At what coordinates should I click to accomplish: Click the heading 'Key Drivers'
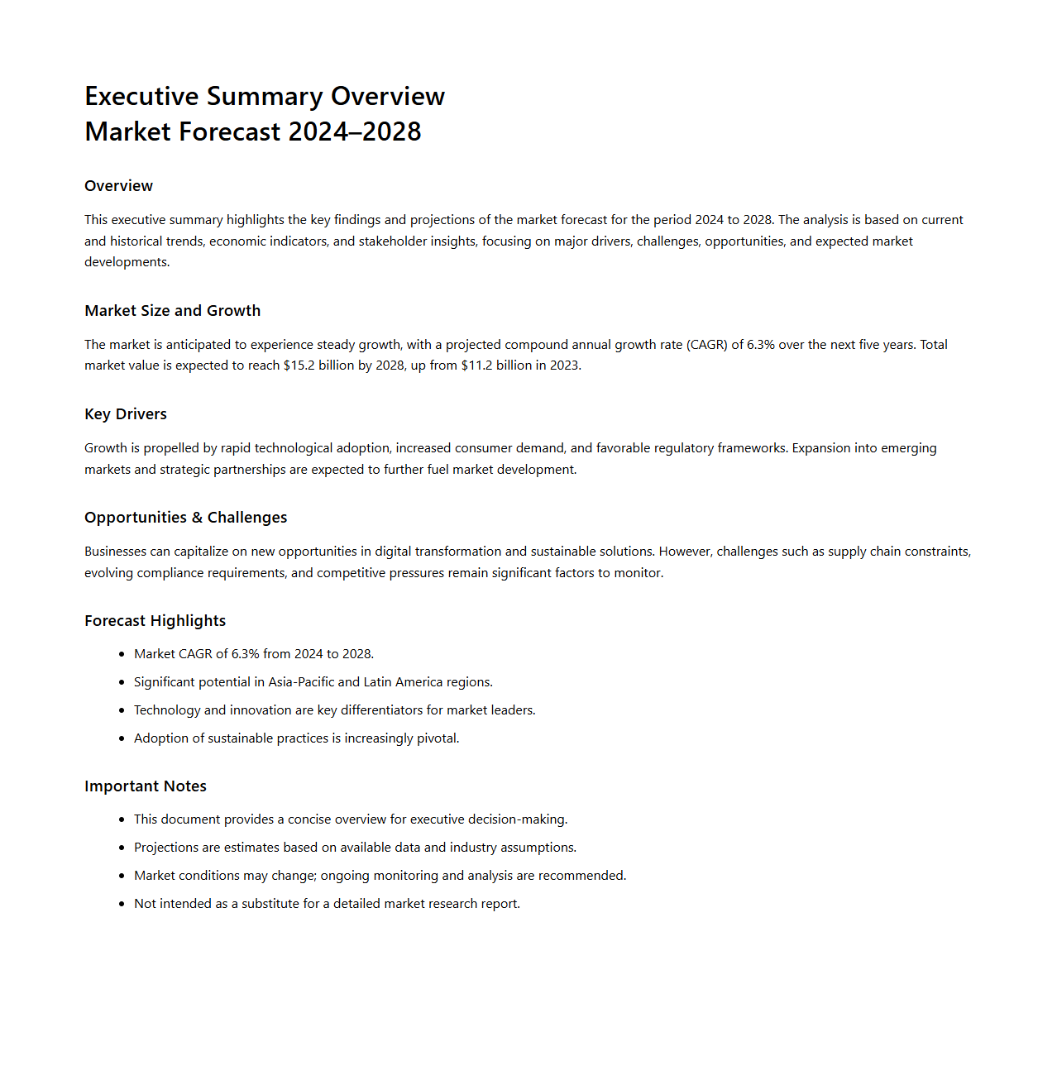[x=126, y=414]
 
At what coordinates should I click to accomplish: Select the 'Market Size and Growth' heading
[x=172, y=311]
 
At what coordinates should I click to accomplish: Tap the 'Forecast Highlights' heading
[x=155, y=621]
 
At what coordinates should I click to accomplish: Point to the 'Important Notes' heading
[x=146, y=786]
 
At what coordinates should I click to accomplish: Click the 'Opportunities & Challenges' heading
[x=185, y=518]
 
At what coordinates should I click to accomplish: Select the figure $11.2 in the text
[x=476, y=365]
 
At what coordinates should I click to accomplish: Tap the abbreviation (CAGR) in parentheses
[x=706, y=345]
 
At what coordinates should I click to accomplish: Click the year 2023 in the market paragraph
[x=564, y=365]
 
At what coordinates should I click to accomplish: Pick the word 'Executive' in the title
[x=141, y=97]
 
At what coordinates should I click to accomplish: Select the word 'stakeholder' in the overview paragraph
[x=393, y=241]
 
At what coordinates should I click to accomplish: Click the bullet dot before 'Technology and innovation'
[x=122, y=710]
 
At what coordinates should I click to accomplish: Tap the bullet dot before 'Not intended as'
[x=122, y=904]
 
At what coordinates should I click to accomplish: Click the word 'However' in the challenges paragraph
[x=684, y=552]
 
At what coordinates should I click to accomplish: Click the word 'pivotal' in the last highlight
[x=437, y=738]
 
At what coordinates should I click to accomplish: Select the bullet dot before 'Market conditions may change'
[x=122, y=876]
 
